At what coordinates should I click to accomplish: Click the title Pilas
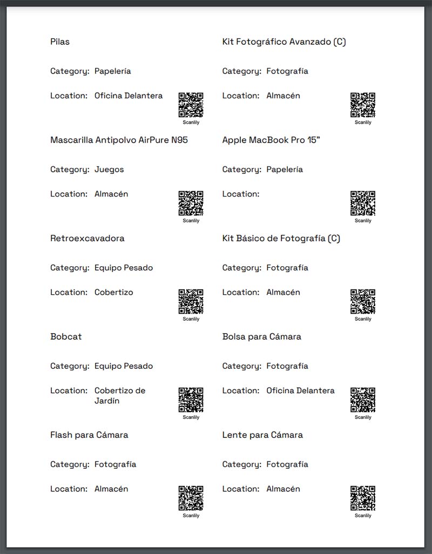point(60,42)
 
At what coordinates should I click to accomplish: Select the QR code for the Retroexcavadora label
point(191,301)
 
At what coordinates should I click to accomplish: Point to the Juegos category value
point(109,169)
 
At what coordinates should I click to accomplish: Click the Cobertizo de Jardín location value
point(120,395)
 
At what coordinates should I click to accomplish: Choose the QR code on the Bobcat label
point(191,400)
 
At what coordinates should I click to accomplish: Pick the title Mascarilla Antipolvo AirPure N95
point(119,140)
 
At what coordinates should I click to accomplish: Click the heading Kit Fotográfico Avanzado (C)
point(284,42)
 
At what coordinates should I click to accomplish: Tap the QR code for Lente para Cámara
point(363,498)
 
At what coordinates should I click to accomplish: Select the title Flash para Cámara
point(89,435)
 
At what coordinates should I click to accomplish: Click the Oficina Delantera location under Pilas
point(129,96)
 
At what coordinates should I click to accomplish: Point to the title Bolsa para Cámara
point(262,336)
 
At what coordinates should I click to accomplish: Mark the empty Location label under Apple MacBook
point(241,194)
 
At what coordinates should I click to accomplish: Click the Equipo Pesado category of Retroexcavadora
point(124,267)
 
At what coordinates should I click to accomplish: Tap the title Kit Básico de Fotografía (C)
point(281,238)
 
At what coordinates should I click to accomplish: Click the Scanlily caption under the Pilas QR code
point(191,123)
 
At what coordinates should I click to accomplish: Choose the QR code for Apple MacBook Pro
point(363,203)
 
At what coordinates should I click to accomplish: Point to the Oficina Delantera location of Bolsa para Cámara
point(300,390)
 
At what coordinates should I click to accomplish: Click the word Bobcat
point(66,336)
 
